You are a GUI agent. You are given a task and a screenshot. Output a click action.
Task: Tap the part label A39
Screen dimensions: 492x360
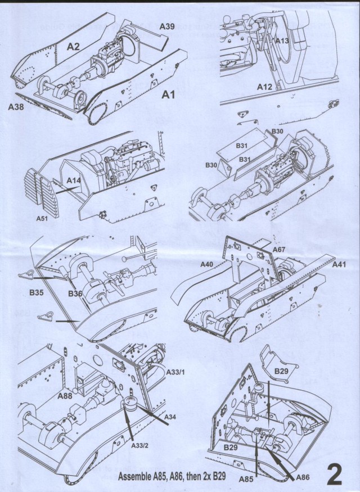166,26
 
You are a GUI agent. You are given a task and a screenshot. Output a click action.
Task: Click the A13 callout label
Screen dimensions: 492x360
282,41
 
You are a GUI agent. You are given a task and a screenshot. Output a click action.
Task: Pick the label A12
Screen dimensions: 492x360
265,87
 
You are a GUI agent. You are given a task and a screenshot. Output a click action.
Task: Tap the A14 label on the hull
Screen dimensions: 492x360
74,180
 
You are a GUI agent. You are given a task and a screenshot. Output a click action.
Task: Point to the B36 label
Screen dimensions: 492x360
75,293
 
